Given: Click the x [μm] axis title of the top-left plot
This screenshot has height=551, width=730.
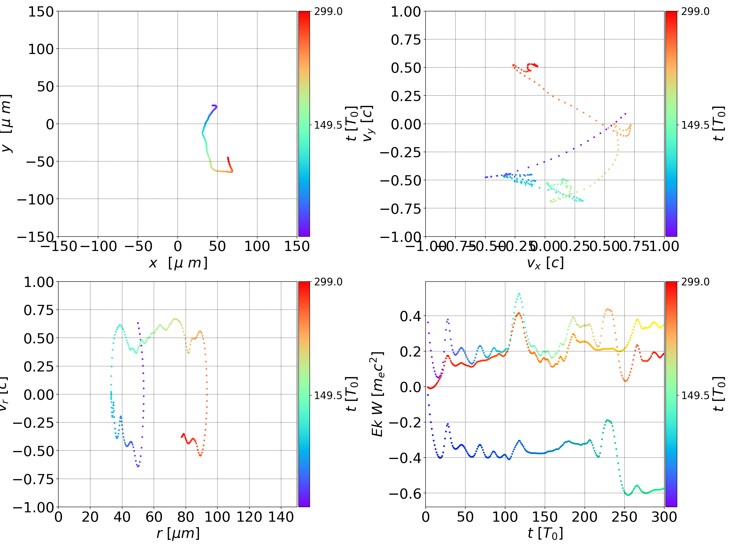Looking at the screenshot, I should (x=178, y=263).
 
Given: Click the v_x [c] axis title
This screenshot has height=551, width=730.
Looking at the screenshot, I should (x=545, y=263).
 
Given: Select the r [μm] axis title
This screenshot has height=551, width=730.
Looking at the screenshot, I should (x=178, y=533).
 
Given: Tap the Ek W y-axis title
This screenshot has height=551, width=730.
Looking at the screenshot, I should (x=377, y=394).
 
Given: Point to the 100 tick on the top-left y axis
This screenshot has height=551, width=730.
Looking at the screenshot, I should (x=41, y=49).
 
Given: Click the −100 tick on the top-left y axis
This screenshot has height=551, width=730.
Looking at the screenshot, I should (x=35, y=200).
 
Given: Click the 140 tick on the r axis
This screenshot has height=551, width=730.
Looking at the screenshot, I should (x=281, y=517).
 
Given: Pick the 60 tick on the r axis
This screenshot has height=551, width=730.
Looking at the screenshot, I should (x=154, y=517).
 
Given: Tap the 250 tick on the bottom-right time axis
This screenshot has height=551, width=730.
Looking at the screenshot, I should (x=624, y=517).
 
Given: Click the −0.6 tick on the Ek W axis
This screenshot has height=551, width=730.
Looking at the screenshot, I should (x=405, y=494).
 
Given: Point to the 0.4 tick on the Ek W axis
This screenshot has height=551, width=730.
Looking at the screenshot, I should (x=411, y=316).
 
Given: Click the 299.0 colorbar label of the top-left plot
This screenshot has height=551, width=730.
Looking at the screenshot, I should (x=328, y=12).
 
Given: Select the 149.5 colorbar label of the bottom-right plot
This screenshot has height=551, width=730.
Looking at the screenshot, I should (x=695, y=395).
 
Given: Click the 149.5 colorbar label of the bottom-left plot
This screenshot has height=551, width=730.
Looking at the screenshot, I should (x=328, y=395).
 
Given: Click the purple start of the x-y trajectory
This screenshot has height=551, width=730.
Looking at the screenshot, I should (x=213, y=106).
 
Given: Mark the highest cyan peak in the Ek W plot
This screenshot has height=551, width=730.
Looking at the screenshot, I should (x=519, y=293).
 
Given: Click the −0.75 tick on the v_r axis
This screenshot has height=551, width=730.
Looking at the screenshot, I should (x=33, y=479).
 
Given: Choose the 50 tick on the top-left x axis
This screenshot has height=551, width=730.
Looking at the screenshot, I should (x=217, y=246).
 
